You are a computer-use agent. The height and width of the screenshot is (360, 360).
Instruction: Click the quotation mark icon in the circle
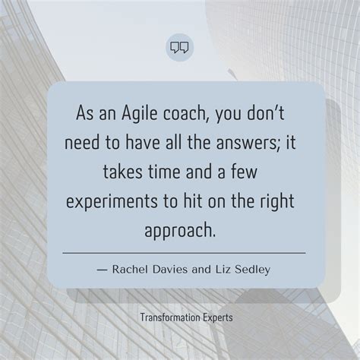coord(179,48)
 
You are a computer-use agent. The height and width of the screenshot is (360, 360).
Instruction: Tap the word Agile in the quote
coord(141,113)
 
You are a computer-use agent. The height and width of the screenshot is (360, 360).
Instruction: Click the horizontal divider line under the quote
coord(183,252)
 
